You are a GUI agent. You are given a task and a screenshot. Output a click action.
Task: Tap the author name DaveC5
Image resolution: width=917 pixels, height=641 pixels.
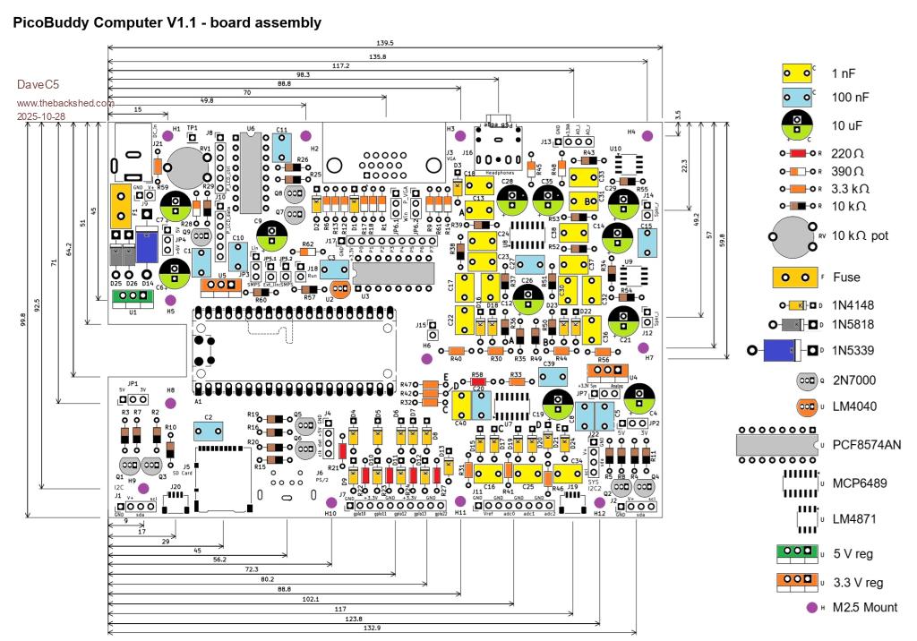pos(37,86)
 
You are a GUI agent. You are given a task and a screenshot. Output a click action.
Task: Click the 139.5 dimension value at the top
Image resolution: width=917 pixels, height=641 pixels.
pos(386,43)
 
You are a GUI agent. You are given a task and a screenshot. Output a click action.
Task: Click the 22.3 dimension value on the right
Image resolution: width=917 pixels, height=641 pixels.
pos(686,166)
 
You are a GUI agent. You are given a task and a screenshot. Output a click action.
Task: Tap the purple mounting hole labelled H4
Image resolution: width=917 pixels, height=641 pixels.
pos(648,135)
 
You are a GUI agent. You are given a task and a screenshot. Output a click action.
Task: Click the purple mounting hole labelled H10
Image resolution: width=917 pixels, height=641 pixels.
pos(330,501)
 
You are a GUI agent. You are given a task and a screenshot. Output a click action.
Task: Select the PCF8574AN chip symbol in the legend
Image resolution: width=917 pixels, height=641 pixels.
pos(776,444)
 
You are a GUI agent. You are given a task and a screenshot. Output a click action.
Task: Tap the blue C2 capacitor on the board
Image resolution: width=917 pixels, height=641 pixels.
pos(209,431)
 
